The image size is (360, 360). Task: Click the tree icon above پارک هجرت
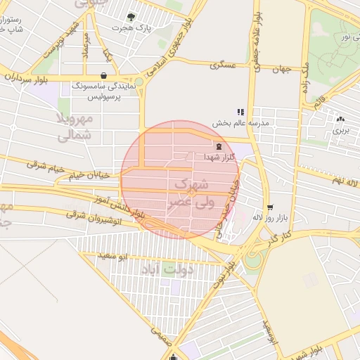(x=130, y=16)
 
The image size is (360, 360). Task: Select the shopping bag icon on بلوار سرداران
(x=104, y=75)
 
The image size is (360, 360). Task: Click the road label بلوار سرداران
(x=25, y=78)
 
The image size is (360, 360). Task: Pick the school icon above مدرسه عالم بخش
(x=240, y=111)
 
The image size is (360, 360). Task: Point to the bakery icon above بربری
(x=340, y=119)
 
